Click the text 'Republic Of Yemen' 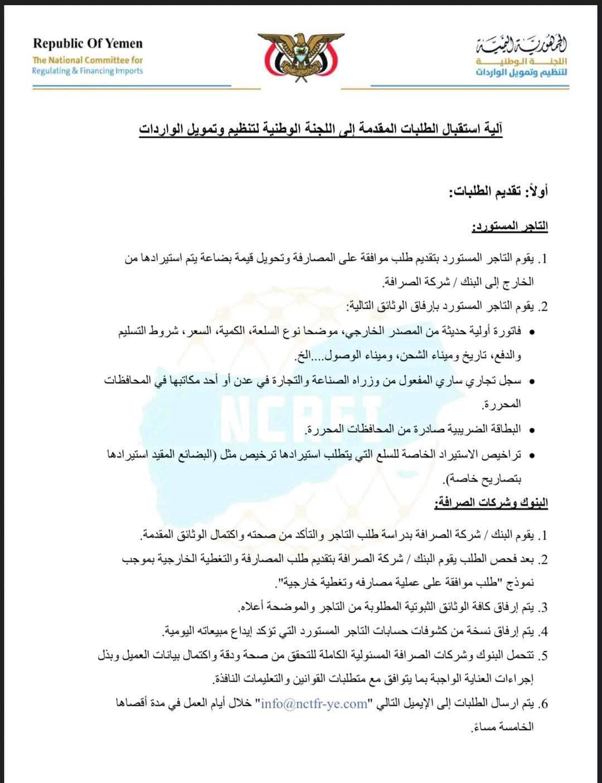coord(88,43)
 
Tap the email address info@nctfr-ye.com coord(314,704)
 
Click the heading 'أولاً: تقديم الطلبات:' coord(499,192)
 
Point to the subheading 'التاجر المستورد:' coord(509,227)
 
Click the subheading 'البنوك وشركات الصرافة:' coord(491,503)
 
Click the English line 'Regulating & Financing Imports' coord(88,71)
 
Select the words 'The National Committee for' coord(88,60)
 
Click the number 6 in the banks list coord(544,704)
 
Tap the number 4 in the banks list coord(544,631)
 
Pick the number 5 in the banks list coord(544,656)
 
